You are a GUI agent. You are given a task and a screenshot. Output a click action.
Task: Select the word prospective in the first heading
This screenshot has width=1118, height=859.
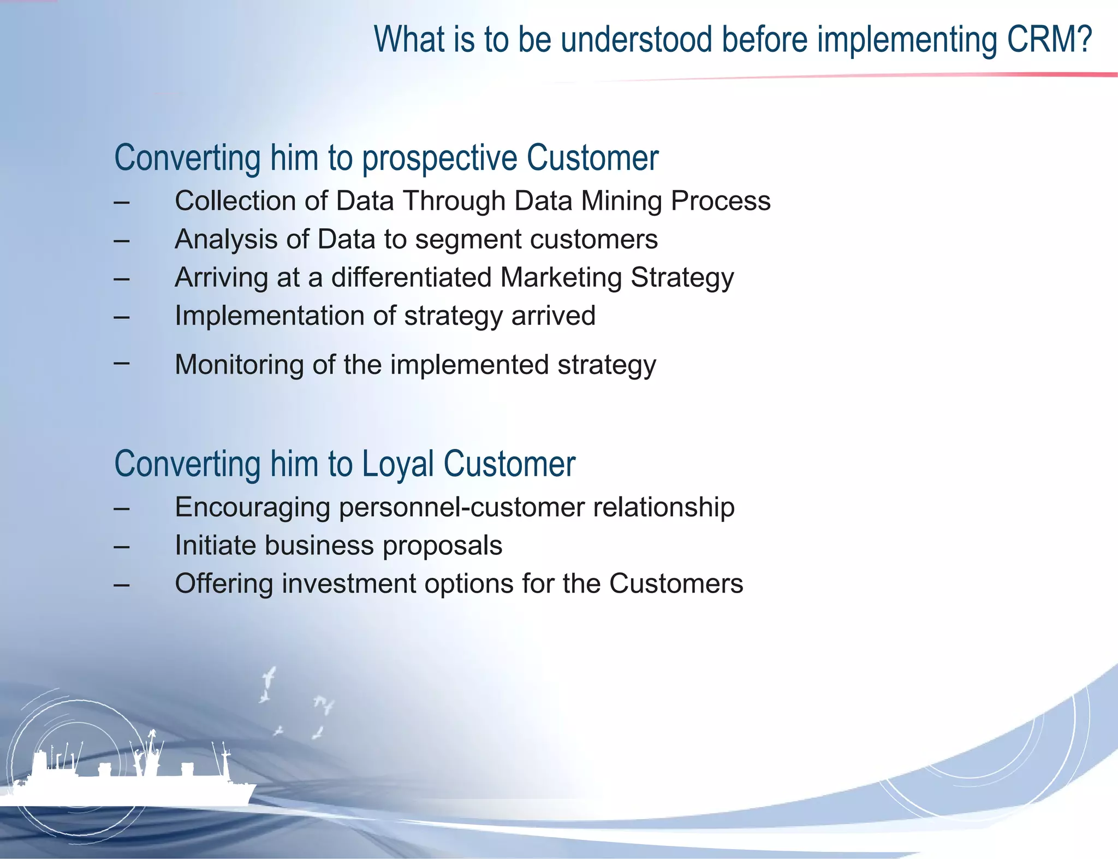[440, 159]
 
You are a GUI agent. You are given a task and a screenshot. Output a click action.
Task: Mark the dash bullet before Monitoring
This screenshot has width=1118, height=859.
[122, 362]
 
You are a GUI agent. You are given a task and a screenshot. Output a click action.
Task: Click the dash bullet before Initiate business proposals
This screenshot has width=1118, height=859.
[122, 547]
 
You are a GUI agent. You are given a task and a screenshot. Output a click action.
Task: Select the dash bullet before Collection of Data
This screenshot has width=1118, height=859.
[122, 202]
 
